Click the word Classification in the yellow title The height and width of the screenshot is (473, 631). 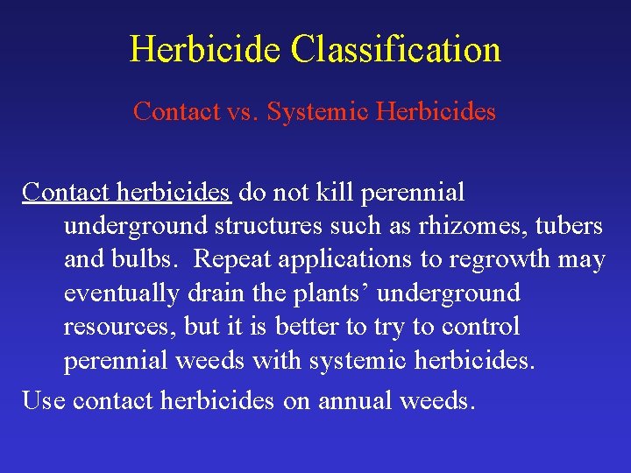(x=396, y=50)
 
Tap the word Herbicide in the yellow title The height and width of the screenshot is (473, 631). (x=206, y=50)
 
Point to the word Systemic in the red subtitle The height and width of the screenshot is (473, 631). (x=308, y=112)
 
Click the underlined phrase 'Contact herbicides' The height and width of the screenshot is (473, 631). (x=126, y=192)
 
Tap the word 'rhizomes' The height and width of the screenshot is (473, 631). (x=466, y=226)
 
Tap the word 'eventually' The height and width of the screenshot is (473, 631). (x=121, y=293)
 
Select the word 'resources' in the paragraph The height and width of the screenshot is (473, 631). (x=120, y=327)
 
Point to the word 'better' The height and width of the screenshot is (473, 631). (x=308, y=327)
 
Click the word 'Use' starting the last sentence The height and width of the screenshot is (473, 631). (x=43, y=401)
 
